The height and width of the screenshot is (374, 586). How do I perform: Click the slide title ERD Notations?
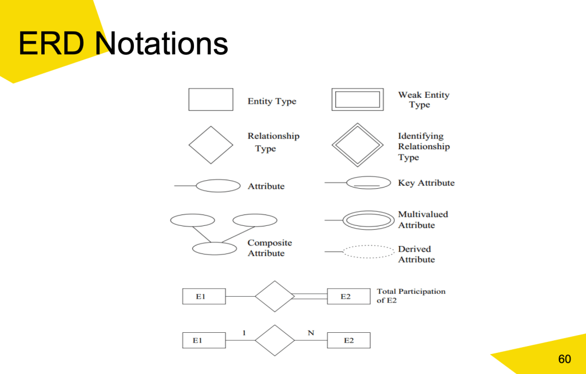[123, 44]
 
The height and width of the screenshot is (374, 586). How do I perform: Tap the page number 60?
[564, 359]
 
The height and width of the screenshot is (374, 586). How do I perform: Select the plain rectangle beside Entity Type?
[211, 100]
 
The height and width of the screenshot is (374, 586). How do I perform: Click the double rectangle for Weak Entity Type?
[357, 100]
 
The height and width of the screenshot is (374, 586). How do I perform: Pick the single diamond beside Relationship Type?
[211, 145]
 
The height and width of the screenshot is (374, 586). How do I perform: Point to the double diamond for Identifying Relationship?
[357, 145]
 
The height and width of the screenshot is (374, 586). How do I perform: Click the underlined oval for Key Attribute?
[369, 183]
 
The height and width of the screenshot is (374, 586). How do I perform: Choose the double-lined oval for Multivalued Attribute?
[369, 220]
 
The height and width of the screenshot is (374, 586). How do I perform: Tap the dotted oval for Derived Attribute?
[369, 252]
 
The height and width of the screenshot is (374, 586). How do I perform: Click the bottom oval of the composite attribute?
[214, 249]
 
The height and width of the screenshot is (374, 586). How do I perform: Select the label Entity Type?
[272, 101]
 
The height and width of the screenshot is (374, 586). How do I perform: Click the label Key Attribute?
[426, 183]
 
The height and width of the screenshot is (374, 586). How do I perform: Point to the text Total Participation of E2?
[411, 296]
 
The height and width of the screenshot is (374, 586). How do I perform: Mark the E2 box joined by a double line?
[349, 296]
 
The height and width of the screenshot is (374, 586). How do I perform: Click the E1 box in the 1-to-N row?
[204, 340]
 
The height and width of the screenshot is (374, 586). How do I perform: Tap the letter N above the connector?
[311, 332]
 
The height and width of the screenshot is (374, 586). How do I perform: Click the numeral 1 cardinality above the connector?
[244, 332]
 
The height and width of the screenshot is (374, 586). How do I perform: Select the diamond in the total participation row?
[275, 296]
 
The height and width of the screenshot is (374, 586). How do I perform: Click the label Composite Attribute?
[270, 248]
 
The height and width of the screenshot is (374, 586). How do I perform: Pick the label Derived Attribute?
[416, 254]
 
